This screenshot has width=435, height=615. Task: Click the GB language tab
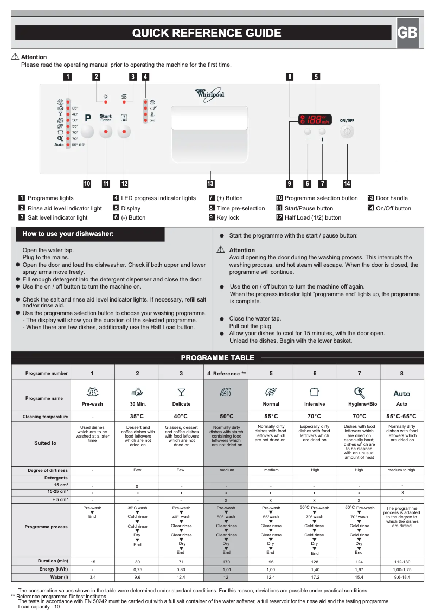point(407,33)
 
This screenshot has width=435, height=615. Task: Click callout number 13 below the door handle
point(210,183)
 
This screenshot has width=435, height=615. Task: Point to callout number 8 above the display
point(290,77)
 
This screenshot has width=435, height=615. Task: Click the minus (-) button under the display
point(308,132)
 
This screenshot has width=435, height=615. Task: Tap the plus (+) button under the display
point(323,132)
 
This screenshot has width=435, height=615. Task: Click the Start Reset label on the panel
point(106,118)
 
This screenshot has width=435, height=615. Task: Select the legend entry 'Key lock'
point(228,217)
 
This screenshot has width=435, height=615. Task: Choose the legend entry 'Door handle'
point(392,198)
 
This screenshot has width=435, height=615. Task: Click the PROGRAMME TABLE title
point(217,358)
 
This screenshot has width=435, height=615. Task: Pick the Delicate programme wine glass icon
point(181,392)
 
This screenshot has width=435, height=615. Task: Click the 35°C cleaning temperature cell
point(137,417)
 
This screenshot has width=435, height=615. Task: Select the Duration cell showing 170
point(226,562)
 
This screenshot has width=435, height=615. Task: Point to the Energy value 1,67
point(359,570)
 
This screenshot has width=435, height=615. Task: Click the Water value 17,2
point(315,578)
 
